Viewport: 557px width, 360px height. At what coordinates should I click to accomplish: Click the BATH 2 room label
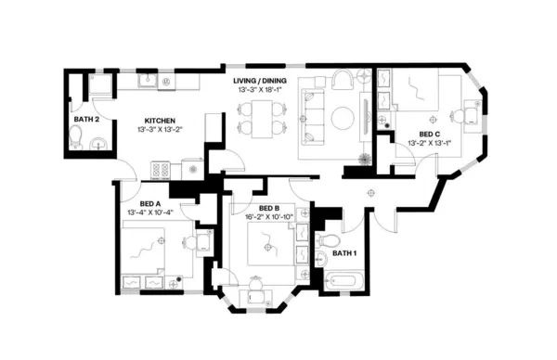coord(86,119)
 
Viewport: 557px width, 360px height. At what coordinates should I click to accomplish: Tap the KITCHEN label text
coord(161,120)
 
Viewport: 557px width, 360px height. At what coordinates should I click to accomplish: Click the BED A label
coord(150,203)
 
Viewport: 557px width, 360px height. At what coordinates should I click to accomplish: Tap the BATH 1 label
coord(343,253)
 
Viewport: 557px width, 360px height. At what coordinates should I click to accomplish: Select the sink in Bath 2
coord(98,140)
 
